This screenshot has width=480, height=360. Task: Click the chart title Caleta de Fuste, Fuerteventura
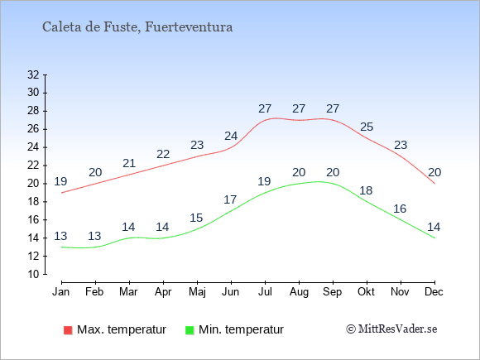pyautogui.click(x=137, y=27)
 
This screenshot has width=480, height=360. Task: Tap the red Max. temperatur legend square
pyautogui.click(x=68, y=330)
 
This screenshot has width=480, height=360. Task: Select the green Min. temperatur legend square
pyautogui.click(x=190, y=330)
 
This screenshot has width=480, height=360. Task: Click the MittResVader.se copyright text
pyautogui.click(x=391, y=329)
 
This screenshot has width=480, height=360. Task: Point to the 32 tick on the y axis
pyautogui.click(x=33, y=74)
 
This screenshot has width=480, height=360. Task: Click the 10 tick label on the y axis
pyautogui.click(x=33, y=274)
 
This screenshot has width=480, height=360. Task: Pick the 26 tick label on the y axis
pyautogui.click(x=33, y=129)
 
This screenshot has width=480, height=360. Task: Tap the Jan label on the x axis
pyautogui.click(x=61, y=292)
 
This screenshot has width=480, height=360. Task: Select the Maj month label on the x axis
pyautogui.click(x=197, y=292)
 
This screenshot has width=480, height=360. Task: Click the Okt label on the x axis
pyautogui.click(x=366, y=292)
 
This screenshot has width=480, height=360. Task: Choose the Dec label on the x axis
pyautogui.click(x=434, y=292)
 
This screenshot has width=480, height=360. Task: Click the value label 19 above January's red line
pyautogui.click(x=60, y=181)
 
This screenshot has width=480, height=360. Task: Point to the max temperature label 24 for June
pyautogui.click(x=231, y=136)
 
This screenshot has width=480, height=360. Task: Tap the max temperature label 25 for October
pyautogui.click(x=367, y=127)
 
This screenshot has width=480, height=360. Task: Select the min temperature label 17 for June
pyautogui.click(x=230, y=199)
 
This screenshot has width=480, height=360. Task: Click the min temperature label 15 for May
pyautogui.click(x=196, y=218)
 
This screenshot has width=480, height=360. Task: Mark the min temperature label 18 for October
pyautogui.click(x=366, y=190)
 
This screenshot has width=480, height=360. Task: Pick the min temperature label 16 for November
pyautogui.click(x=400, y=209)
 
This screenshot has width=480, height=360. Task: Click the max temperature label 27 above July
pyautogui.click(x=265, y=108)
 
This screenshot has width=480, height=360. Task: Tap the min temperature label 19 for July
pyautogui.click(x=264, y=181)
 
